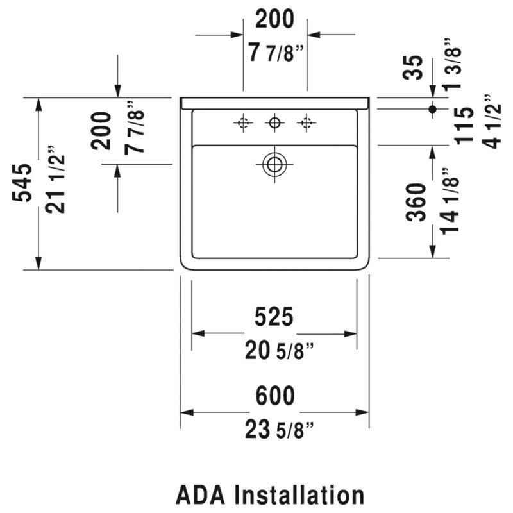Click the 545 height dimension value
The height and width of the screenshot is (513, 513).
click(22, 183)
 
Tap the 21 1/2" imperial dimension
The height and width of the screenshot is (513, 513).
click(55, 180)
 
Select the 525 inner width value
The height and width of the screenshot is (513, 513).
click(274, 317)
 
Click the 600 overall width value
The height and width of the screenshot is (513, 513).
click(275, 396)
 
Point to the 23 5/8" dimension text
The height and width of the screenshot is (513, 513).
click(279, 430)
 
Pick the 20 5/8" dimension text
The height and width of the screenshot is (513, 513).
click(279, 350)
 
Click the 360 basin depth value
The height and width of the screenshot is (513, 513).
click(416, 202)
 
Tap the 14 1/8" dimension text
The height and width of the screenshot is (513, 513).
click(449, 201)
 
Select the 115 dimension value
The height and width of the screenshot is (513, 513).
click(464, 126)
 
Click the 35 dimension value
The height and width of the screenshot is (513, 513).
click(413, 68)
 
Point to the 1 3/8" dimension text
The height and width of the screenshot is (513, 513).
click(452, 64)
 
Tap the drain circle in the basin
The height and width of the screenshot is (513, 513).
click(274, 164)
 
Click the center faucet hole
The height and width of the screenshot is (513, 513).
click(274, 123)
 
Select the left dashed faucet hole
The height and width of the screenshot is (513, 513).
click(243, 123)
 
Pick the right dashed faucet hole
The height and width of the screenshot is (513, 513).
click(307, 123)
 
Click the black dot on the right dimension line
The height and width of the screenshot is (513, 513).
click(432, 109)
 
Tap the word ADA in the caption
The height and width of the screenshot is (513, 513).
click(201, 495)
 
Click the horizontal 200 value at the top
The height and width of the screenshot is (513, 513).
click(275, 19)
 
